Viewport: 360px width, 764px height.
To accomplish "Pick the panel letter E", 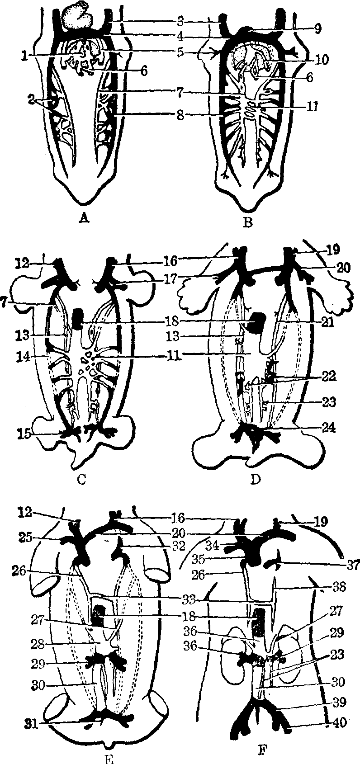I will point(107,759).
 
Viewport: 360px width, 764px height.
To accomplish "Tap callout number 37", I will point(348,564).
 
